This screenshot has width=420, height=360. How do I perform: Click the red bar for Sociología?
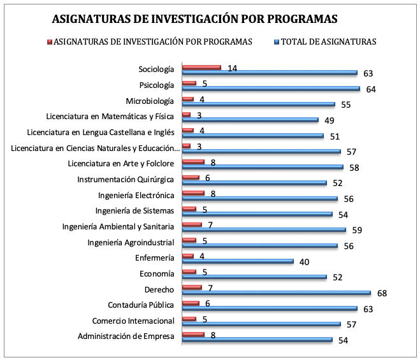201,68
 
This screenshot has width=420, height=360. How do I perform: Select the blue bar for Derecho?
277,292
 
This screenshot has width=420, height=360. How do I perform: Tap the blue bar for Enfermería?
238,261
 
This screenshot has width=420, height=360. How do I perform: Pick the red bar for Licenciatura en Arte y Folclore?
193,162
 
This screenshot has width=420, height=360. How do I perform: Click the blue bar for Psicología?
271,89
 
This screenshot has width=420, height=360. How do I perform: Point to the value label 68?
382,293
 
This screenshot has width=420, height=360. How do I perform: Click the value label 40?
304,262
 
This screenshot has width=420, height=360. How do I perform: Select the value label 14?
232,69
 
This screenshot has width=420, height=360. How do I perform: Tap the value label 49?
329,121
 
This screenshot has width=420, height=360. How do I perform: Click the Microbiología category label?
150,101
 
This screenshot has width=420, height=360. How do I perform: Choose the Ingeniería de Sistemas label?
134,211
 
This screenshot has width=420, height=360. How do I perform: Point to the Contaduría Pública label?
141,305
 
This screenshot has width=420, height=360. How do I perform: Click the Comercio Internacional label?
133,320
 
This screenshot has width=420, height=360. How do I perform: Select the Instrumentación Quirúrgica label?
126,180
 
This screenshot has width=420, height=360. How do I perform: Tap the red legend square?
50,42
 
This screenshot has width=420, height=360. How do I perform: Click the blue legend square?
277,42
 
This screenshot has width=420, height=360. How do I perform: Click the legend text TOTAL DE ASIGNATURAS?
329,42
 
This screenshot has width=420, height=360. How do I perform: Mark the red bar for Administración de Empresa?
193,335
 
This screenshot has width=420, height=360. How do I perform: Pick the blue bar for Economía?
254,277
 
